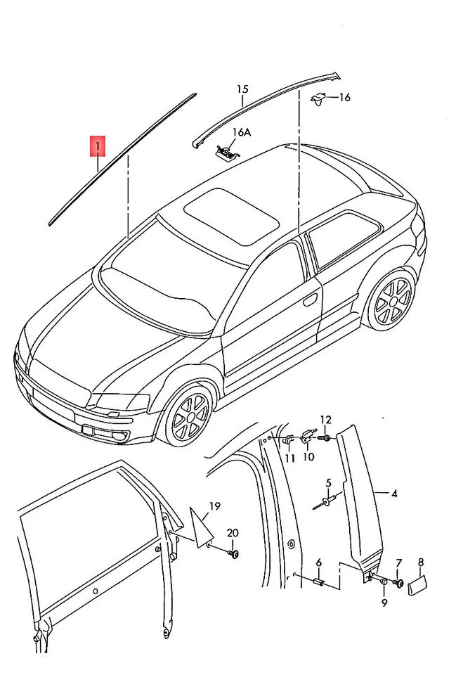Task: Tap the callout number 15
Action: [242, 89]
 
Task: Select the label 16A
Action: [241, 131]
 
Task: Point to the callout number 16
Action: [344, 98]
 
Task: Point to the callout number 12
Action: [325, 420]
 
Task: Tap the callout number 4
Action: [394, 494]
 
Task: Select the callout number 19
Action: [214, 506]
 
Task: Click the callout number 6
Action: [318, 562]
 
